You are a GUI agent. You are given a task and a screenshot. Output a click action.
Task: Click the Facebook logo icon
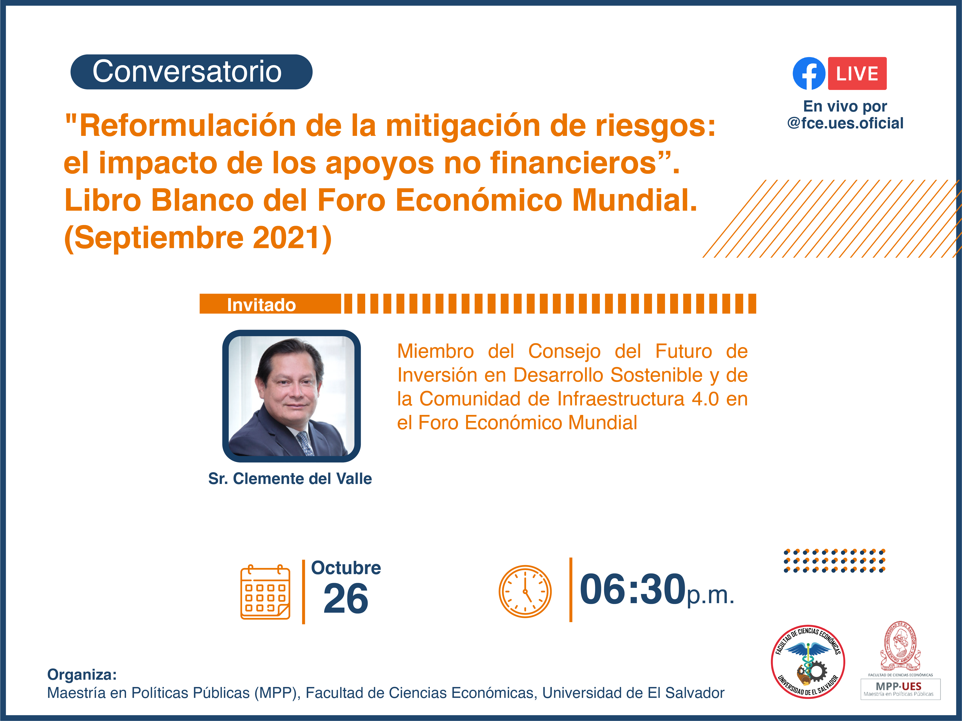coord(809,73)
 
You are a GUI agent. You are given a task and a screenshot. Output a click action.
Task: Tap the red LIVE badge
coord(857,73)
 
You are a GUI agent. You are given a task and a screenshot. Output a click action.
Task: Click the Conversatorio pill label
coord(191,72)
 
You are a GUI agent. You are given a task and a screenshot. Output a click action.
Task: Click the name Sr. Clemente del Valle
coord(290,479)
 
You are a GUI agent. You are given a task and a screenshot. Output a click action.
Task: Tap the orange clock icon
coord(525,591)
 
